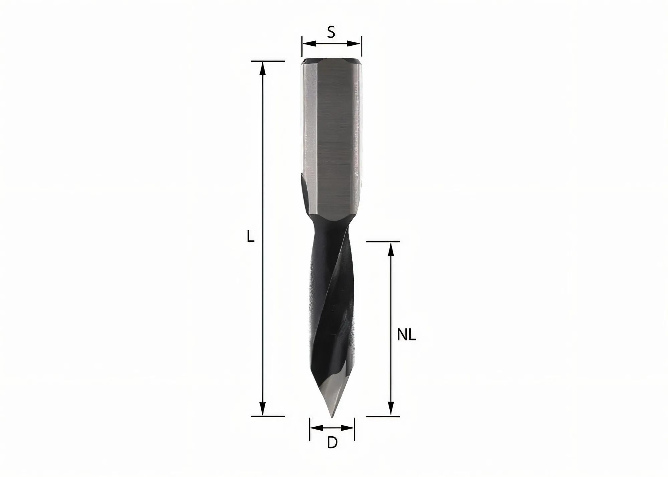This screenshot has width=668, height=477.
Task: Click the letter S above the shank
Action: coord(331,32)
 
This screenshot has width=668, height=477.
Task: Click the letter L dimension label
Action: coord(251,237)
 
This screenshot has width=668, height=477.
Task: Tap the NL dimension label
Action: coord(406,335)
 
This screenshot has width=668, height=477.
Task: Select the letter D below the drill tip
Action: coord(332,443)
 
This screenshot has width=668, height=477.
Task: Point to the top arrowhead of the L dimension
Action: coord(263,68)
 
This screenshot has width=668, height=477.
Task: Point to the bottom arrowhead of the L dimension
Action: coord(263,409)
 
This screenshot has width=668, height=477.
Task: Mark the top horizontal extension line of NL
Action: coord(383,241)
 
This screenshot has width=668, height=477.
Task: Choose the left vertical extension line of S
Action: coord(302,47)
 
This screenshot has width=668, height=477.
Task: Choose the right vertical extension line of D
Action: coord(354,429)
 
